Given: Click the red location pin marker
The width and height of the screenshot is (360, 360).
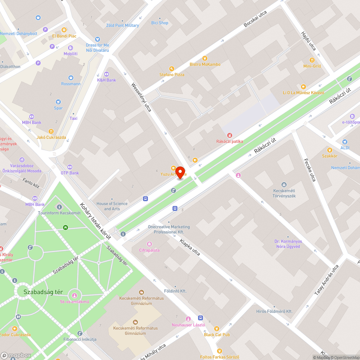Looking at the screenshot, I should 180,172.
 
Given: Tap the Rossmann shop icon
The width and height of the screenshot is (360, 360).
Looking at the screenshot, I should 71,77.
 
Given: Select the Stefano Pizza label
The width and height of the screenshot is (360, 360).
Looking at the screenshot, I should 172,75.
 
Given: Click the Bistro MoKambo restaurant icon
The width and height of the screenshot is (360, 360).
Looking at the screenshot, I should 205,58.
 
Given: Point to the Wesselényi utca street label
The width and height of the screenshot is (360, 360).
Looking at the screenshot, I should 141,97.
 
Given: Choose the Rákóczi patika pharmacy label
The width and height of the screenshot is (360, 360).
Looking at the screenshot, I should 229,141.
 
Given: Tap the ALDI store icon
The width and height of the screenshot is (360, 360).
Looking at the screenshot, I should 345,142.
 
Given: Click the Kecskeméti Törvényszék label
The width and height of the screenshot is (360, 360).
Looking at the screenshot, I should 284,193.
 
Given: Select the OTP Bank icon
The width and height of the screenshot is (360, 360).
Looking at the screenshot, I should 69,167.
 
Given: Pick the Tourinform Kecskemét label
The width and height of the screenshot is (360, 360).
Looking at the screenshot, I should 59,213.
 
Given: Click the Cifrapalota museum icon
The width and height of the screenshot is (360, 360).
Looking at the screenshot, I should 149,244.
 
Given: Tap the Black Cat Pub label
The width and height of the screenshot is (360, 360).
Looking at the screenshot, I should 217,335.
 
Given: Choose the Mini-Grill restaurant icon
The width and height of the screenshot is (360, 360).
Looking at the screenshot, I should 312,60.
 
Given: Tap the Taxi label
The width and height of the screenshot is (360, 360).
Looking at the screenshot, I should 73,118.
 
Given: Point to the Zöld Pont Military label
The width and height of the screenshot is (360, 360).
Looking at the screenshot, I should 122,26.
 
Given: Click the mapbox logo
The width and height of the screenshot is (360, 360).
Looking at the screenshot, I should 15,355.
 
